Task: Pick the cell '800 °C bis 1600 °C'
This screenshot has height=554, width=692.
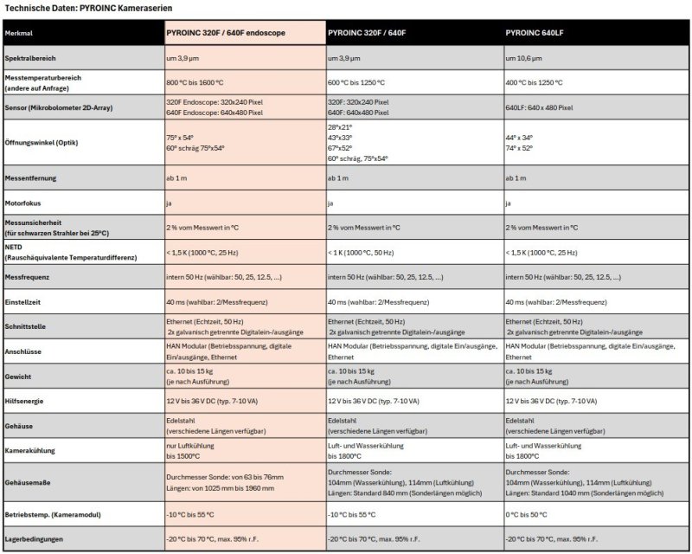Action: [x=195, y=82]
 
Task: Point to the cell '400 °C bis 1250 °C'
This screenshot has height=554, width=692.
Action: [x=533, y=82]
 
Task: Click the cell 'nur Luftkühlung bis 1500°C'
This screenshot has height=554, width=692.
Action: [x=191, y=450]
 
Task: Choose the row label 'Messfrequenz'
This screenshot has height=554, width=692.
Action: [x=28, y=279]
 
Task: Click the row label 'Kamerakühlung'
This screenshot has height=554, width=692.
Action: [x=30, y=450]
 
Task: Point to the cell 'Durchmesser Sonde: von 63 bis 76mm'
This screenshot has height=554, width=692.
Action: [x=220, y=476]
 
